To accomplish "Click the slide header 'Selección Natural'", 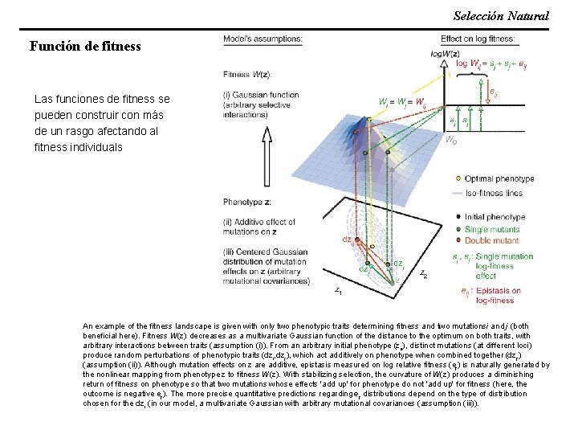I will point(501,15).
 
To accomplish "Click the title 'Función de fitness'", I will point(85,46).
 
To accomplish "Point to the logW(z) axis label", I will point(445,53).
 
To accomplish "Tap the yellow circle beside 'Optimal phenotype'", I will point(458,178).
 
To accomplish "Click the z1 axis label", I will point(339,289).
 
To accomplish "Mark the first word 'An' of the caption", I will point(88,326).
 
